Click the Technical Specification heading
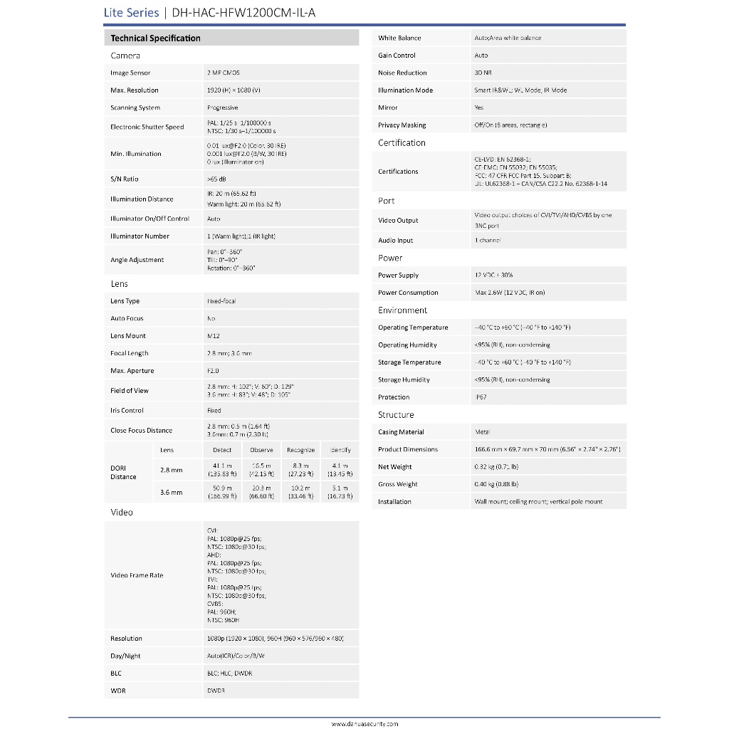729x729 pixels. coord(155,38)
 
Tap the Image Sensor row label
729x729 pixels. coord(130,73)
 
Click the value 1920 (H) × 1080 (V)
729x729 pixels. coord(234,90)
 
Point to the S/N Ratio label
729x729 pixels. coord(125,179)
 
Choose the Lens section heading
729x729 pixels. coord(120,284)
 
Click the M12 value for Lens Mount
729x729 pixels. coord(213,336)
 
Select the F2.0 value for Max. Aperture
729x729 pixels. coord(213,371)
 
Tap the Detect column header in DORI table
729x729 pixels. coord(222,450)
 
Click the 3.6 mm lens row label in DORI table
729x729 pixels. coord(171,493)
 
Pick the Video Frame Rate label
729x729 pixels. coord(137,575)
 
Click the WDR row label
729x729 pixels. coord(117,691)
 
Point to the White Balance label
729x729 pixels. coord(399,38)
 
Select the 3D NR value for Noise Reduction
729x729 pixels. coord(483,73)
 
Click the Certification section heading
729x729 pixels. coord(402,143)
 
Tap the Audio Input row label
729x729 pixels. coord(396,241)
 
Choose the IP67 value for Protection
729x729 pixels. coord(481,397)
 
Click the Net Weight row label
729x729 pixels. coord(395,467)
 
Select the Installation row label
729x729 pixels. coord(394,502)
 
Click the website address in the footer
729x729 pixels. coord(364,723)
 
